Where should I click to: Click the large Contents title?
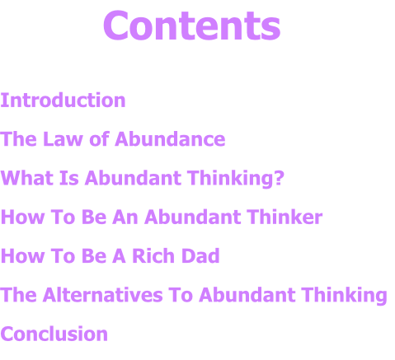(x=192, y=26)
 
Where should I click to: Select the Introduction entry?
(x=63, y=100)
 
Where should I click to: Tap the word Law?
(x=63, y=139)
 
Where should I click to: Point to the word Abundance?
(x=170, y=139)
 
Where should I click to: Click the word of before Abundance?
(x=99, y=138)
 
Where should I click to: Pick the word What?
(x=27, y=178)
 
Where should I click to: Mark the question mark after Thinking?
(x=280, y=178)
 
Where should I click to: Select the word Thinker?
(x=284, y=217)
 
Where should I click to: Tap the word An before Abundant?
(x=125, y=217)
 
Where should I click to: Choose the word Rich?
(x=153, y=256)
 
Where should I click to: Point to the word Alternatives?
(x=102, y=295)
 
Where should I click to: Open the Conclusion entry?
(x=54, y=334)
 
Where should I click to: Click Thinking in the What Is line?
(x=236, y=179)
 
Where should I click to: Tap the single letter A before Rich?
(x=119, y=256)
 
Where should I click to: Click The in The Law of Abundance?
(x=18, y=139)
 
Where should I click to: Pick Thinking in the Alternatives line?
(x=344, y=296)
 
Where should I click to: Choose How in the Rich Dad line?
(x=23, y=256)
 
